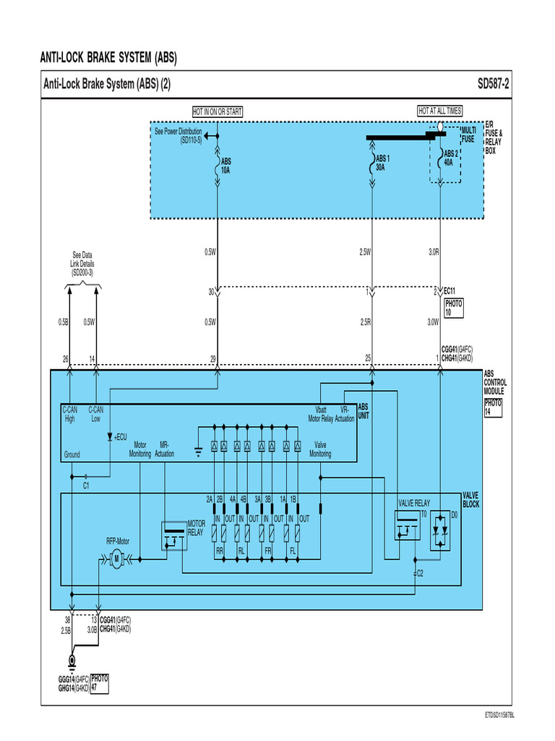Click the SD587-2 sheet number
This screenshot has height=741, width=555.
coord(493,85)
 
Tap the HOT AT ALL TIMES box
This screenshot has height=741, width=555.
coord(439,111)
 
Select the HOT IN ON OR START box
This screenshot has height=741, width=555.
coord(218,111)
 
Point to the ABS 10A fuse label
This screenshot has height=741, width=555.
coord(226,166)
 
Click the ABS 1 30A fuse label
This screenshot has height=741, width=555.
coord(381,163)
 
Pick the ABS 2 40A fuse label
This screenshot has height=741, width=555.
coord(449,158)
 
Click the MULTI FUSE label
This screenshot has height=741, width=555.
coord(468,134)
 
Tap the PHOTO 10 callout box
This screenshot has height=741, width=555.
coord(453,308)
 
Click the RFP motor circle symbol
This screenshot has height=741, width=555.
coord(116,559)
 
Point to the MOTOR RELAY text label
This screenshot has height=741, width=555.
coord(197,528)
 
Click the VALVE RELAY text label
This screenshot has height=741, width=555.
coord(414,502)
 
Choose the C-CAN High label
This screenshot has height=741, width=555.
coord(70,415)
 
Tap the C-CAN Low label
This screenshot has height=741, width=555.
coord(96,415)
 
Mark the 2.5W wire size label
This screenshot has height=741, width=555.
coord(365,253)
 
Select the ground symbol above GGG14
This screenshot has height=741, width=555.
coord(72,661)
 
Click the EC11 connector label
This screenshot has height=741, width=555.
coord(449,292)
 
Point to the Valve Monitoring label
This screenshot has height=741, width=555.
coord(320,450)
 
